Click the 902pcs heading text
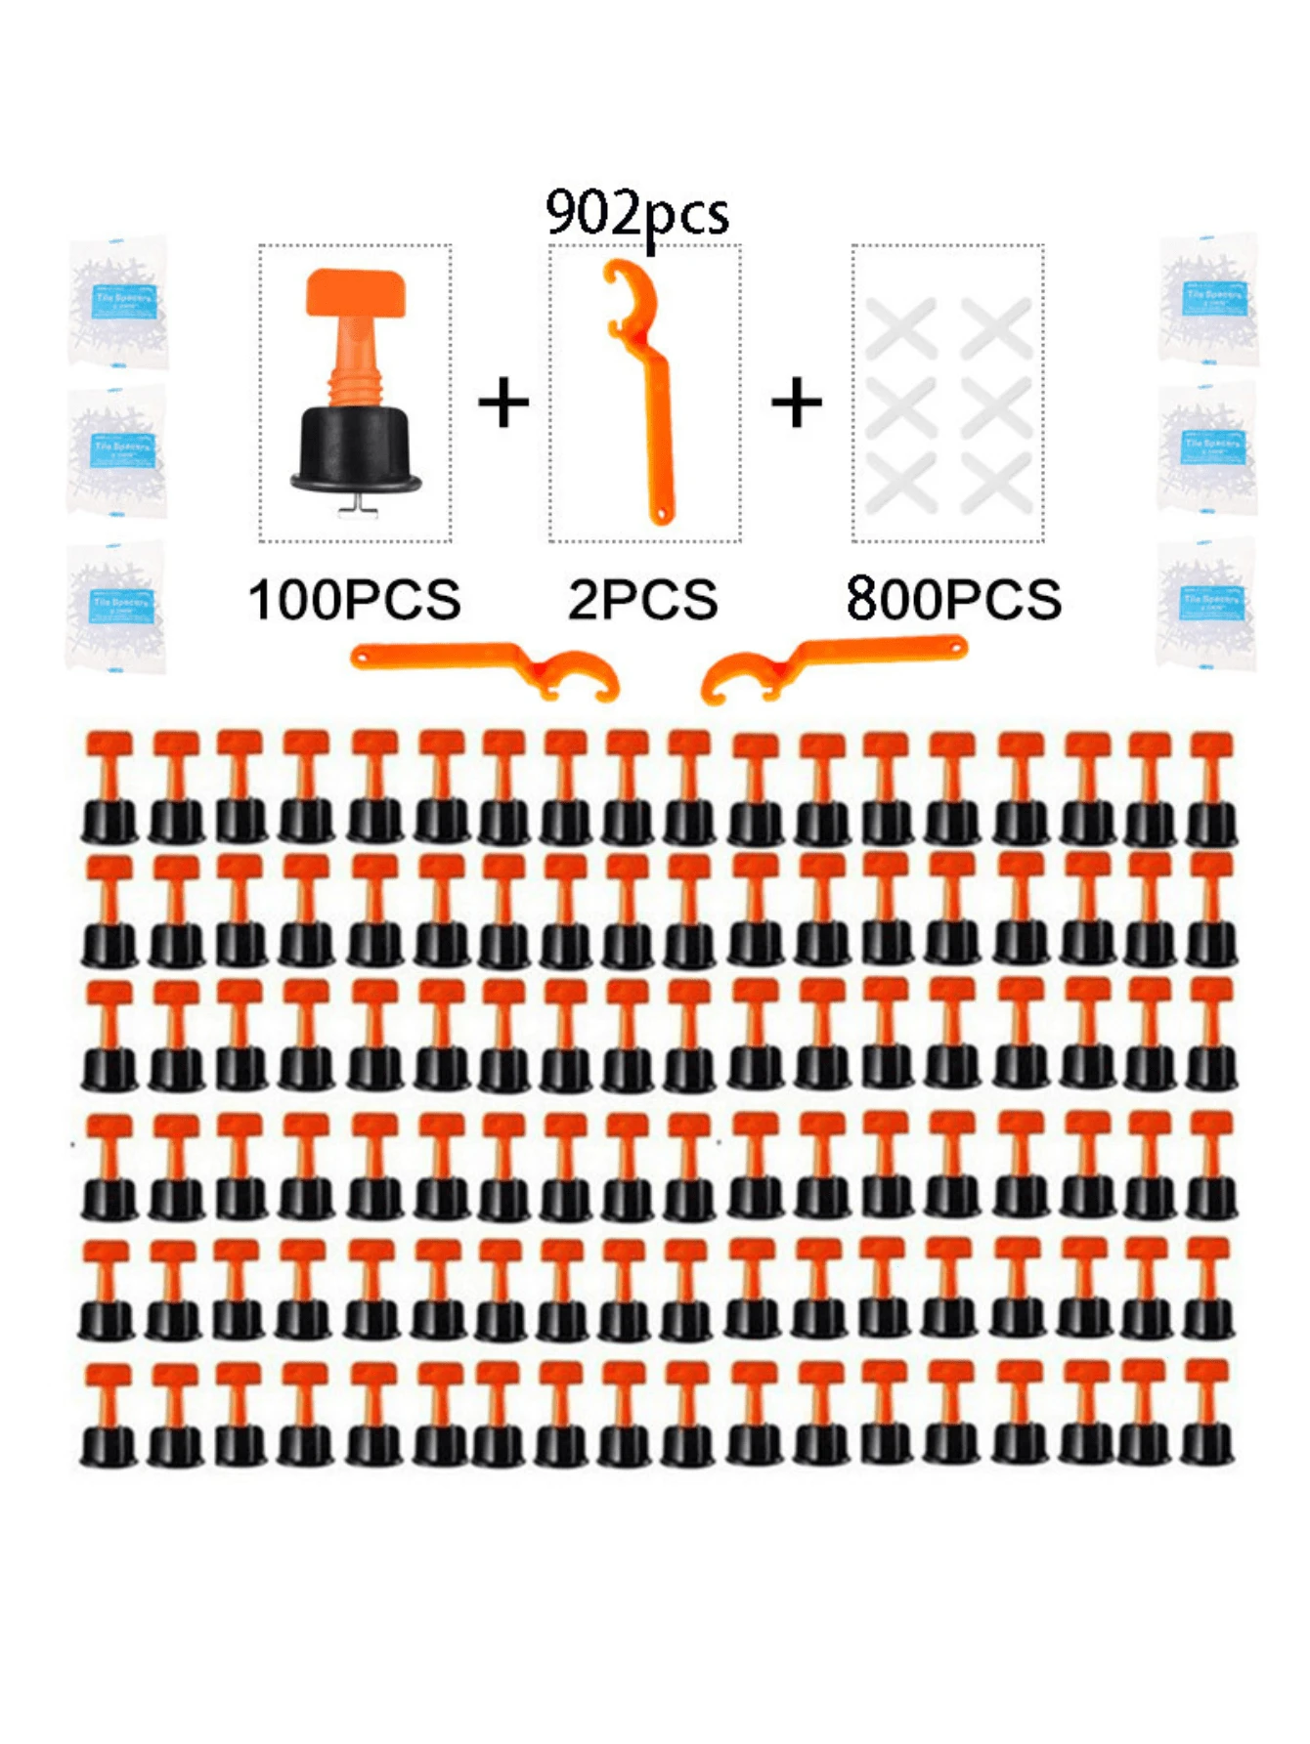click(637, 214)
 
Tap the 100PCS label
click(354, 600)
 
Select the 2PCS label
click(643, 600)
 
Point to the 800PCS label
click(953, 600)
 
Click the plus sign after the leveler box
click(503, 403)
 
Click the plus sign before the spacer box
click(797, 403)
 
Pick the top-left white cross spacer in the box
click(900, 328)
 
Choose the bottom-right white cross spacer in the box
click(996, 484)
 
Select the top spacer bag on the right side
click(1209, 298)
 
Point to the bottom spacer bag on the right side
click(1207, 603)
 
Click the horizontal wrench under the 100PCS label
click(484, 664)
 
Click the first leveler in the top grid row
click(109, 787)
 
